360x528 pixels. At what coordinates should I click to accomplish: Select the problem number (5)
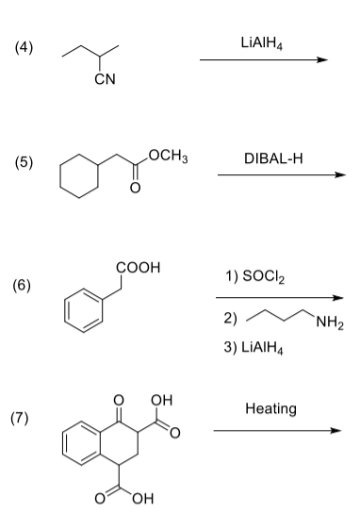pyautogui.click(x=24, y=162)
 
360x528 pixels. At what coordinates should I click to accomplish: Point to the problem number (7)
pyautogui.click(x=24, y=419)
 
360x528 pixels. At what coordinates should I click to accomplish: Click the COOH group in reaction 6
pyautogui.click(x=139, y=267)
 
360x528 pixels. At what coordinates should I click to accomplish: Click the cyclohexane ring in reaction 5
pyautogui.click(x=77, y=174)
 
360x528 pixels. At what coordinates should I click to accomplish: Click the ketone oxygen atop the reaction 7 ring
pyautogui.click(x=117, y=398)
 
